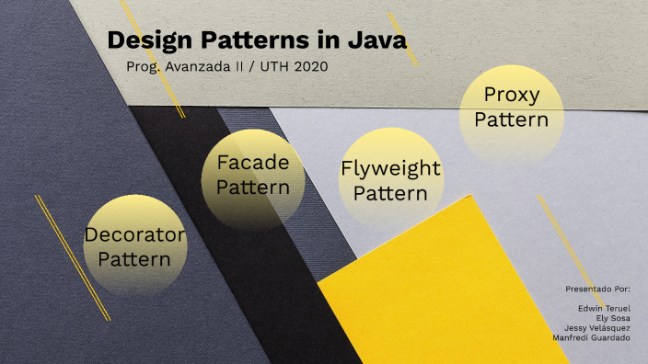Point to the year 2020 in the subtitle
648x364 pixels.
coord(309,67)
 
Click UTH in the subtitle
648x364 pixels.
coord(265,67)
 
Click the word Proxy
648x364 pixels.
coord(511,95)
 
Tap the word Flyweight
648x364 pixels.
coord(390,169)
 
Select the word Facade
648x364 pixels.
coord(252,163)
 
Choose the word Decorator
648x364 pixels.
coord(134,234)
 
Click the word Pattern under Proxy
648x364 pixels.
coord(511,119)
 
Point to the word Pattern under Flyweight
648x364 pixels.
coord(390,194)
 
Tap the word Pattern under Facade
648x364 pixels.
coord(252,188)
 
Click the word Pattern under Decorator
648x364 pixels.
coord(134,259)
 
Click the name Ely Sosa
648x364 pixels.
coord(613,319)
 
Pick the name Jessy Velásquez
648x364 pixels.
coord(598,328)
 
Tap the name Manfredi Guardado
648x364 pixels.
coord(592,337)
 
